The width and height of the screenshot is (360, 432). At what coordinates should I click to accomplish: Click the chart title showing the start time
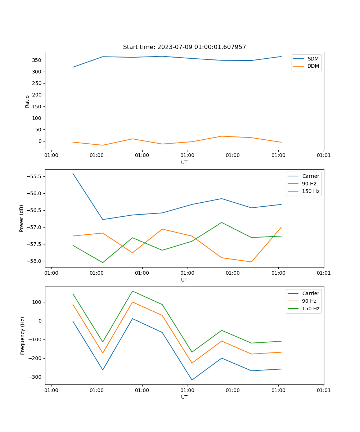(x=184, y=47)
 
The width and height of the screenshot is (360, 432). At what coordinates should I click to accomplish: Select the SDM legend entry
(x=313, y=59)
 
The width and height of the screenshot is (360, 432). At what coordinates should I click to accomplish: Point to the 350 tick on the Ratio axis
(x=37, y=60)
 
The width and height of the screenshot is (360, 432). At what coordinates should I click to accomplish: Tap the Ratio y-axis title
(x=27, y=102)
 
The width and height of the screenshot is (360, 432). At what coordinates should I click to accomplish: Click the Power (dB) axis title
(x=22, y=218)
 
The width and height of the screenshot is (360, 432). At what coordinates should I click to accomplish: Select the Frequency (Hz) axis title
(x=23, y=336)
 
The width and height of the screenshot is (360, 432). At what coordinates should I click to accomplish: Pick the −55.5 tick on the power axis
(x=34, y=176)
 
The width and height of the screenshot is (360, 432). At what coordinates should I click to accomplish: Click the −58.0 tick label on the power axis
(x=34, y=261)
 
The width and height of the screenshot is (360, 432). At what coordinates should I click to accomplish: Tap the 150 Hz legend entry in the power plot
(x=311, y=191)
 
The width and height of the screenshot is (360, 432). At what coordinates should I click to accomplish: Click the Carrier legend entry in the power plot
(x=310, y=176)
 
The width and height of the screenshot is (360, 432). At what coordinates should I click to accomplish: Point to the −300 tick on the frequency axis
(x=35, y=377)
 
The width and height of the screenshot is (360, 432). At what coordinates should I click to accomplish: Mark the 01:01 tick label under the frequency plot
(x=324, y=390)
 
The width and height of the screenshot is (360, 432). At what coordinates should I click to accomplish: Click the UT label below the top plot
(x=184, y=162)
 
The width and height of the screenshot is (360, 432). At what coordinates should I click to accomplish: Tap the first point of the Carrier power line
(x=73, y=174)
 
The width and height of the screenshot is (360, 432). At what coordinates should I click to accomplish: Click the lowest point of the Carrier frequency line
(x=192, y=380)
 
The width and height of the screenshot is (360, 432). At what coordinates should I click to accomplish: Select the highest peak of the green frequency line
(x=132, y=291)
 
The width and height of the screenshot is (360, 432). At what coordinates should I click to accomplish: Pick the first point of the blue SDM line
(x=73, y=67)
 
